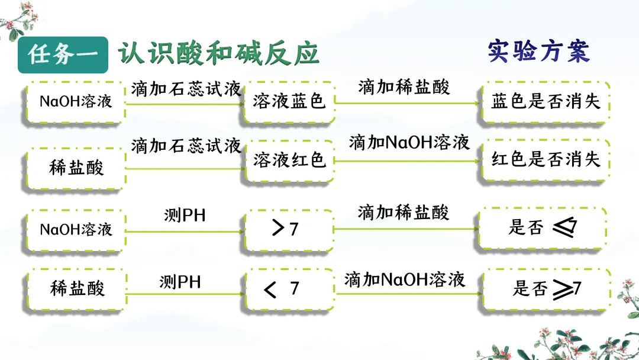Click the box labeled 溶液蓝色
pos(289,102)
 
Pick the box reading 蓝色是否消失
pos(545,102)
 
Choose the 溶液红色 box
pos(290,160)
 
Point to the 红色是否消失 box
pos(545,159)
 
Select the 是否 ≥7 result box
pos(545,289)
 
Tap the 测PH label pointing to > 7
pos(185,216)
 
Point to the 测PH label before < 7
pos(180,282)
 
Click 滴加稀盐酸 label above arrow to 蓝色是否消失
pos(404,87)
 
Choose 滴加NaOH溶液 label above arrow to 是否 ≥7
pos(405,279)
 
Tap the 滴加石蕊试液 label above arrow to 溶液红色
pos(186,146)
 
